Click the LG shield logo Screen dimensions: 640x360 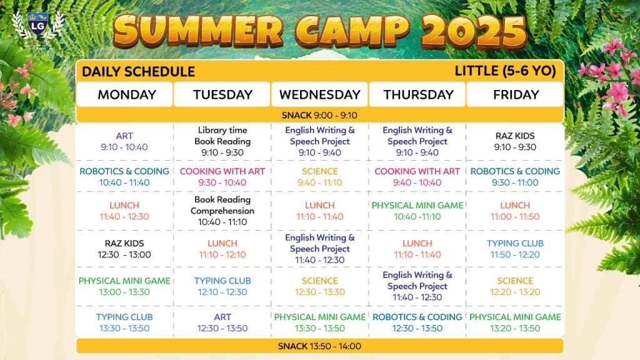pyautogui.click(x=38, y=25)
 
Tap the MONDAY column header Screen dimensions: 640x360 pyautogui.click(x=127, y=95)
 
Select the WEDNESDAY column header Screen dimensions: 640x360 pyautogui.click(x=320, y=95)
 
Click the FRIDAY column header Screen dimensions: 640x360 pyautogui.click(x=516, y=95)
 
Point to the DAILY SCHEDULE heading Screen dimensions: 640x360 pyautogui.click(x=138, y=72)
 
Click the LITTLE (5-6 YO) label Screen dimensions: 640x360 pyautogui.click(x=505, y=71)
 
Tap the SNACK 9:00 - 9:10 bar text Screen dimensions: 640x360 pyautogui.click(x=319, y=116)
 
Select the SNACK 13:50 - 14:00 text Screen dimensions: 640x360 pyautogui.click(x=319, y=346)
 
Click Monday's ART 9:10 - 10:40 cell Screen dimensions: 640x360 pyautogui.click(x=124, y=142)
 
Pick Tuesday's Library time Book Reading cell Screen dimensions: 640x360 pyautogui.click(x=222, y=142)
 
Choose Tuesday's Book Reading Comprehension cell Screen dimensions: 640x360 pyautogui.click(x=222, y=211)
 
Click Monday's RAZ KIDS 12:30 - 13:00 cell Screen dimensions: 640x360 pyautogui.click(x=124, y=249)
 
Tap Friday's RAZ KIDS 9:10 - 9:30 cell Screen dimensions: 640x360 pyautogui.click(x=515, y=142)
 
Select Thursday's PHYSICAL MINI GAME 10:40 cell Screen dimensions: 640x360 pyautogui.click(x=417, y=211)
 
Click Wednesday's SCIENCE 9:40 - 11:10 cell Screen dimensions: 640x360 pyautogui.click(x=320, y=177)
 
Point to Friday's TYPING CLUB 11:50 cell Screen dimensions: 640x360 pyautogui.click(x=515, y=249)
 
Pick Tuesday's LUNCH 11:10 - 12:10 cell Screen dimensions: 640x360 pyautogui.click(x=222, y=249)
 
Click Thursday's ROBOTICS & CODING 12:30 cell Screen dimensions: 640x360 pyautogui.click(x=417, y=322)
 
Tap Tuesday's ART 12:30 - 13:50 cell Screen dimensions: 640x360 pyautogui.click(x=222, y=322)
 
